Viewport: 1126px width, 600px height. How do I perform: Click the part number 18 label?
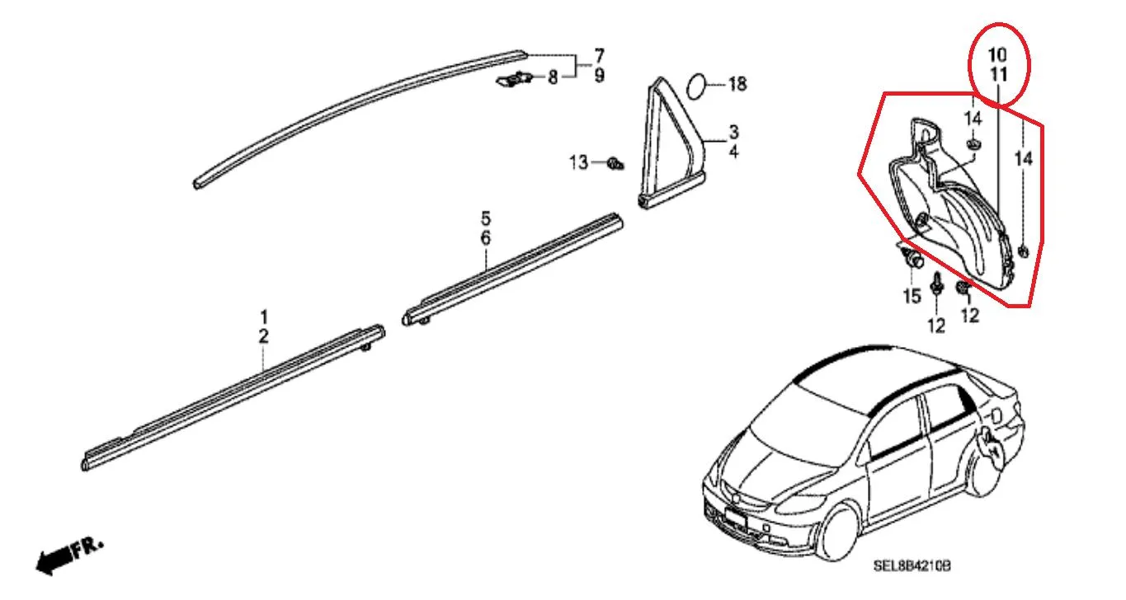pos(737,84)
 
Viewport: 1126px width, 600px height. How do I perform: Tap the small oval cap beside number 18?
pos(697,86)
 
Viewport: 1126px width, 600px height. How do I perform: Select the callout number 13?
pos(578,162)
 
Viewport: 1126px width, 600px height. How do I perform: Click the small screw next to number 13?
pos(615,164)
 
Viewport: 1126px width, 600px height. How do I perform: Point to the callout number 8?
pos(553,77)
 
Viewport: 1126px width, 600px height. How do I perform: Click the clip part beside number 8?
pos(514,79)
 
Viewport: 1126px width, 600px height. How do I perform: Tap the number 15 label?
pos(912,296)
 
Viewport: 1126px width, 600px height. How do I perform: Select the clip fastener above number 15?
pos(912,259)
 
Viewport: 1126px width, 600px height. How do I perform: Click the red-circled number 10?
pos(998,54)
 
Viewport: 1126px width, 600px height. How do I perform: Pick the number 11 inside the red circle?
pos(998,75)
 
